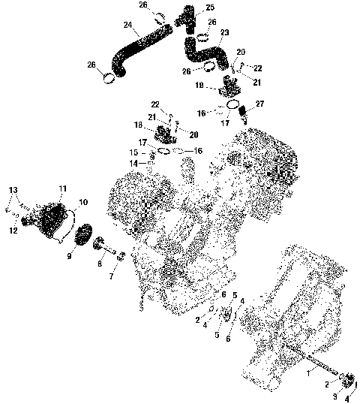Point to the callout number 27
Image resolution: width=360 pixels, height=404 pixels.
259,104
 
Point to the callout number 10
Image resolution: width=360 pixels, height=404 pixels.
82,202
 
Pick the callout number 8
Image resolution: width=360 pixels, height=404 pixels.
100,264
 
